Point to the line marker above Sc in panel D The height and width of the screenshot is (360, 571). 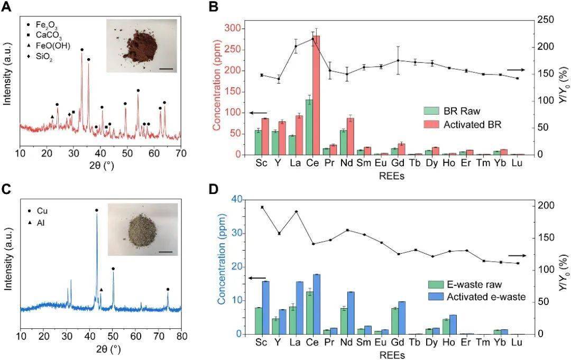262,207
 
